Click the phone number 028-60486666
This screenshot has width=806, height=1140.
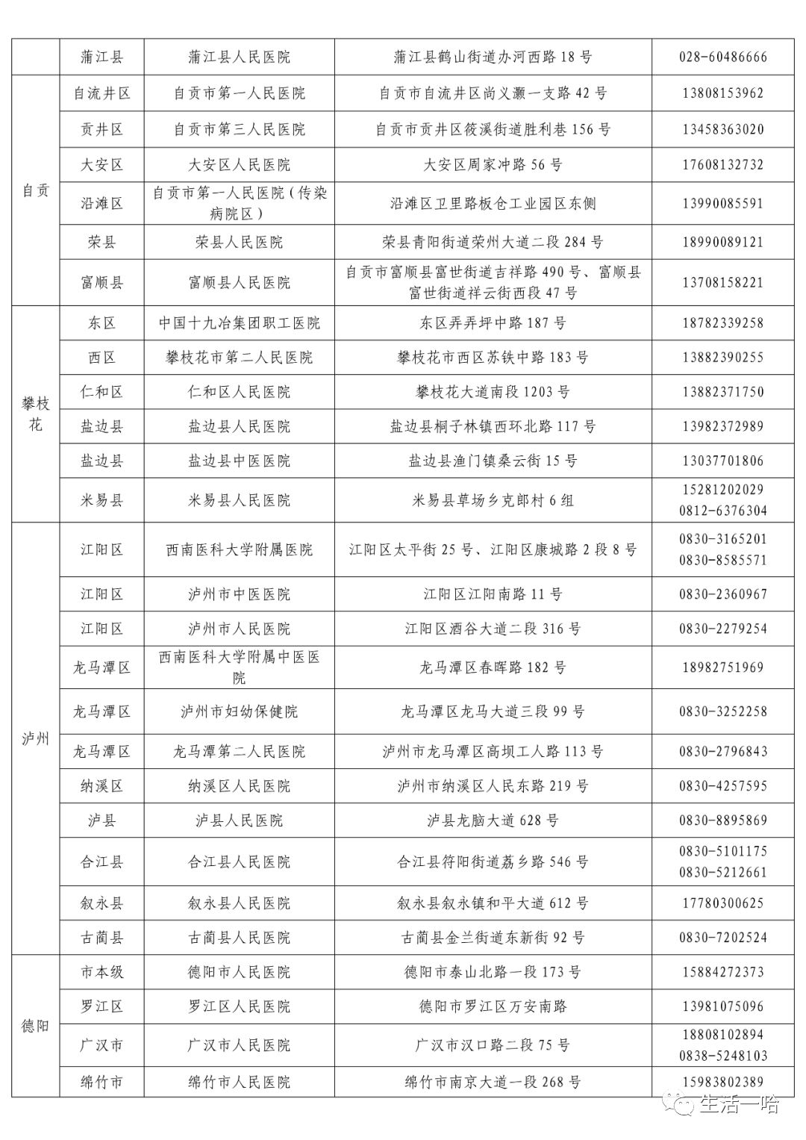722,57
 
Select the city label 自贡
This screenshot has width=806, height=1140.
35,190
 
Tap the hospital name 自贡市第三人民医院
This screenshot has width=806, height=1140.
239,129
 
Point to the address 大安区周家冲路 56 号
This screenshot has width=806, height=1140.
493,164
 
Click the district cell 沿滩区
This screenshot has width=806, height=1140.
101,203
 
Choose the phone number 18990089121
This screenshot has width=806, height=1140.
722,242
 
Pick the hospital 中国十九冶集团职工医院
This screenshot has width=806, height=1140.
239,323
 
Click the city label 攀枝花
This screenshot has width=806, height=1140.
35,414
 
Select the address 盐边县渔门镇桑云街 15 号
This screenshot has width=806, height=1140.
493,461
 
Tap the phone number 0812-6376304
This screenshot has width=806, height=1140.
722,511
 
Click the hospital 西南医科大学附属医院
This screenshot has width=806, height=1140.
239,549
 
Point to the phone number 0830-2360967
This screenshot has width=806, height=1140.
722,594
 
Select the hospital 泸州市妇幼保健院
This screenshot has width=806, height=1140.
239,711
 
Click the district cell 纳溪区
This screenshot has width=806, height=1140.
101,785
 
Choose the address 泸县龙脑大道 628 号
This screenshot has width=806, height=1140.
493,820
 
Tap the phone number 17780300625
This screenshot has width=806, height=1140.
722,903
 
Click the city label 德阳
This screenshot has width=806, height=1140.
35,1026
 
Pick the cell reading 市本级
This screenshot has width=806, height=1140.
101,972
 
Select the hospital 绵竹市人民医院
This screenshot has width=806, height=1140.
239,1082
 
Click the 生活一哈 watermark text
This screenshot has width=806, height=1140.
739,1104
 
